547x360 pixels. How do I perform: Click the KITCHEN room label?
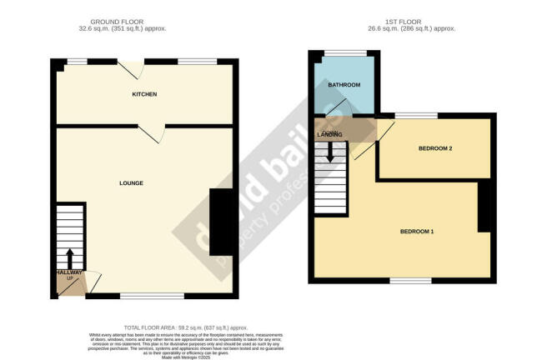144,94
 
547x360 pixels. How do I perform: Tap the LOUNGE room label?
131,183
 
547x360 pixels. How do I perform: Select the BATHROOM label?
344,85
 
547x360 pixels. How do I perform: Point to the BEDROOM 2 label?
434,148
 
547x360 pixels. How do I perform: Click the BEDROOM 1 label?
417,231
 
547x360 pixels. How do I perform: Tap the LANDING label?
329,134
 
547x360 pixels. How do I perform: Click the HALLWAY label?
69,272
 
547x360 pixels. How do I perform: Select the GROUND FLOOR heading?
132,22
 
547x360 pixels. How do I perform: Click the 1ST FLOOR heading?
401,22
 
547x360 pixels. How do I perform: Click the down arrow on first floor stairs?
331,152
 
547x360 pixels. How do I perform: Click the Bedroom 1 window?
411,281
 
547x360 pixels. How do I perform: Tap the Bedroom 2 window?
411,114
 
